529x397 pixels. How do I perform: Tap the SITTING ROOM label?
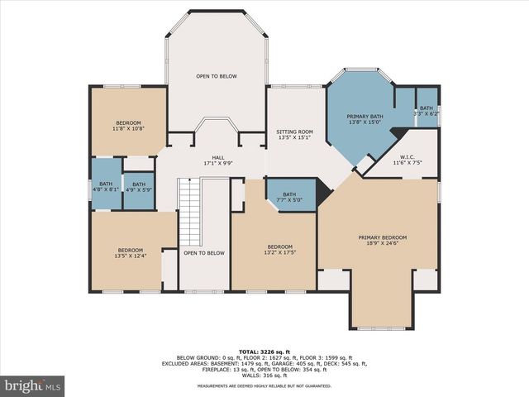pyautogui.click(x=293, y=132)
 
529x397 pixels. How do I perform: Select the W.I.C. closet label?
pyautogui.click(x=407, y=157)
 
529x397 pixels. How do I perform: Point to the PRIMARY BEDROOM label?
pyautogui.click(x=382, y=238)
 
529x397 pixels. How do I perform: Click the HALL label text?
pyautogui.click(x=217, y=157)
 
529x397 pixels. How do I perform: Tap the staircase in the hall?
pyautogui.click(x=190, y=213)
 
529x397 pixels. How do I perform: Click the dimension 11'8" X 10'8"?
pyautogui.click(x=128, y=129)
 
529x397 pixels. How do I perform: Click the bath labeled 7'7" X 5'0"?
pyautogui.click(x=289, y=198)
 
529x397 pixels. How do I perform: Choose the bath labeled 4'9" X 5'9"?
pyautogui.click(x=139, y=189)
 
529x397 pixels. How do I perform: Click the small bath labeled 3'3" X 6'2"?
pyautogui.click(x=426, y=112)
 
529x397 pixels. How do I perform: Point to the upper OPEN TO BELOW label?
pyautogui.click(x=217, y=76)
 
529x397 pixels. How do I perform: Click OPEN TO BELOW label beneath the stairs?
pyautogui.click(x=203, y=253)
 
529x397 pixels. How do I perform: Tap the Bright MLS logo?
pyautogui.click(x=33, y=386)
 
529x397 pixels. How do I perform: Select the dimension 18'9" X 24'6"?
pyautogui.click(x=382, y=244)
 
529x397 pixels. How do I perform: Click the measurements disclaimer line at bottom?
pyautogui.click(x=264, y=386)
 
